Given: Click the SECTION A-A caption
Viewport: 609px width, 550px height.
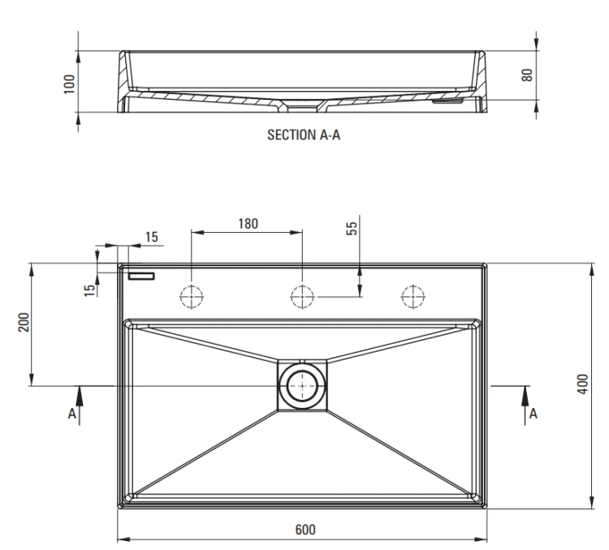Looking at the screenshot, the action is tap(304, 135).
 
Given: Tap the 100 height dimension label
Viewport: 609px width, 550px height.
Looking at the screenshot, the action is tap(69, 84).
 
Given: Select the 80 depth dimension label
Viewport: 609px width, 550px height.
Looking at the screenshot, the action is tap(527, 75).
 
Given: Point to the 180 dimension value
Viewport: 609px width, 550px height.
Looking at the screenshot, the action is tap(248, 224).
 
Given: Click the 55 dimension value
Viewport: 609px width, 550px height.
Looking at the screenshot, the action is tap(351, 228).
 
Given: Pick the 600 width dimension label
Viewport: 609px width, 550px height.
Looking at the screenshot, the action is tap(305, 530).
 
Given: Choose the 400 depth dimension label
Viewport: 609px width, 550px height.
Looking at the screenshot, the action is tap(582, 385).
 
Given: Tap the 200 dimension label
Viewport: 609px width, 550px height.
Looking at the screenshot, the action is tap(24, 322).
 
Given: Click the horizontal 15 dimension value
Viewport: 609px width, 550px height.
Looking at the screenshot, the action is tap(152, 237).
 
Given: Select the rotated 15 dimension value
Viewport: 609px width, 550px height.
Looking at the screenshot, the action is tap(89, 290).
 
